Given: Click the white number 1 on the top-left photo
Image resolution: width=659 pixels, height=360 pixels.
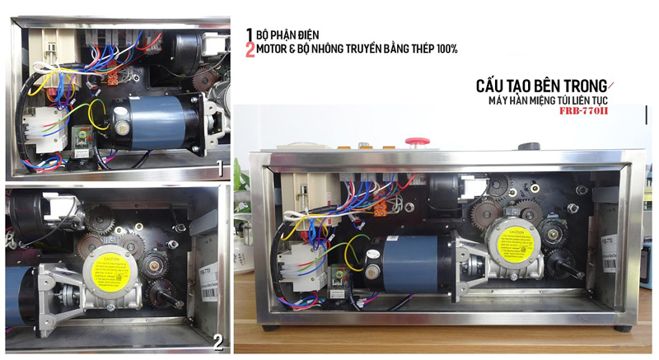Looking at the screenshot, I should (217, 169).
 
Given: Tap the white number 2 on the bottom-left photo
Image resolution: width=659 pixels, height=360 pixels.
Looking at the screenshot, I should (217, 340).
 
